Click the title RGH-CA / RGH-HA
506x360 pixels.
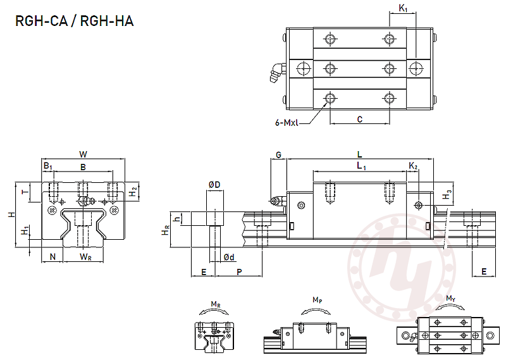(x=75, y=21)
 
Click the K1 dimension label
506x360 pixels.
(x=403, y=8)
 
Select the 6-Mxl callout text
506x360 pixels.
(x=288, y=123)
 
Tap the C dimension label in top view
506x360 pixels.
(x=359, y=118)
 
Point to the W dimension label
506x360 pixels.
(x=83, y=154)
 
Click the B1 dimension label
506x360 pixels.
(x=47, y=166)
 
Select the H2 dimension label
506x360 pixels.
(x=133, y=191)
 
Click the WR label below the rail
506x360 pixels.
(x=86, y=256)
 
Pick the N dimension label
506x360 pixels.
(x=52, y=256)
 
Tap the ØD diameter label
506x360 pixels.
(x=214, y=184)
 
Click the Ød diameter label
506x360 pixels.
(x=229, y=256)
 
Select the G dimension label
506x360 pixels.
(x=278, y=154)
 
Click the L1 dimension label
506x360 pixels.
(x=360, y=166)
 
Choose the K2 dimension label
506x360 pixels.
(x=413, y=166)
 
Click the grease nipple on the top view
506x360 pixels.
(x=275, y=73)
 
